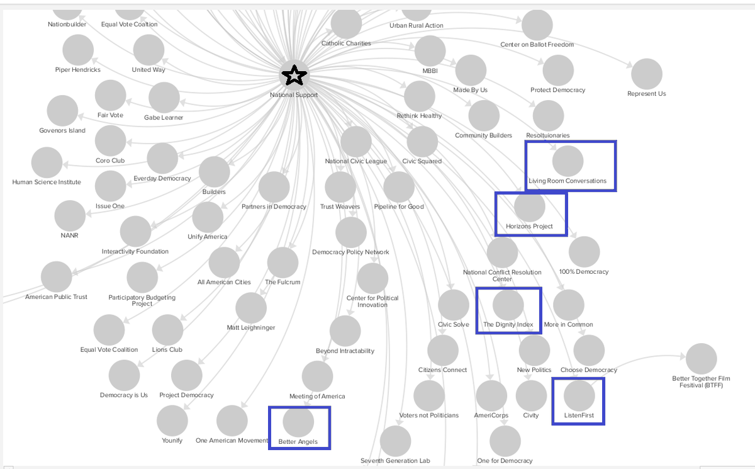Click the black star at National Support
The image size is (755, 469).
(294, 75)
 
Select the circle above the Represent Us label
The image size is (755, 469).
(647, 74)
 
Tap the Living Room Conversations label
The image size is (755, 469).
(568, 181)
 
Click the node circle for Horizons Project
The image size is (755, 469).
(529, 206)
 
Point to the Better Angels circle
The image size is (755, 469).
(298, 421)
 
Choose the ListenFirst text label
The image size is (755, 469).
(579, 415)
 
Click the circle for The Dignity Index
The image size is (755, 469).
(508, 305)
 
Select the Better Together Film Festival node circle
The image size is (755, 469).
(701, 359)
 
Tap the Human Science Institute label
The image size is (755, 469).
(47, 182)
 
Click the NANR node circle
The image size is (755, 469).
(70, 216)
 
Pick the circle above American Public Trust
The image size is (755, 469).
(56, 277)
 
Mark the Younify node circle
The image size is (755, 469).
(172, 421)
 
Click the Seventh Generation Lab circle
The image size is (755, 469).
(395, 441)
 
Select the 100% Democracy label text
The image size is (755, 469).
(584, 271)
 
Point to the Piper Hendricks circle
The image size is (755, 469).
(78, 50)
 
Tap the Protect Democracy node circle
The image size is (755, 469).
(558, 71)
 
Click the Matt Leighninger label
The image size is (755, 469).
(251, 327)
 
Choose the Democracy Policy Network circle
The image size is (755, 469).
(350, 233)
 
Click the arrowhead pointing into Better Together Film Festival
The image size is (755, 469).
(682, 356)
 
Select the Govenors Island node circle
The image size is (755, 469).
(62, 111)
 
